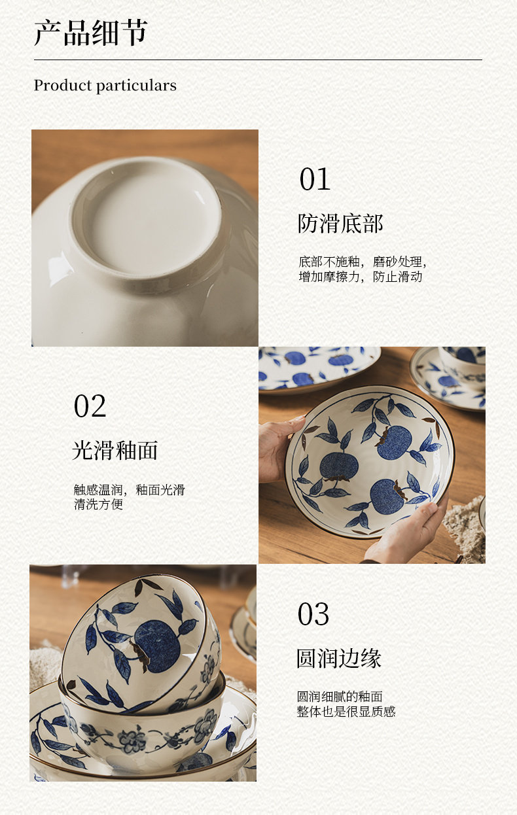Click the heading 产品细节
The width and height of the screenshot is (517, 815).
[x=91, y=33]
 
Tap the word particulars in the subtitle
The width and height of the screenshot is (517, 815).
[x=136, y=86]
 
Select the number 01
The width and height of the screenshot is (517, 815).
[x=315, y=179]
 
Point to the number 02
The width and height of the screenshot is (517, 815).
[x=90, y=406]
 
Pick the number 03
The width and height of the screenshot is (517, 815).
[x=313, y=614]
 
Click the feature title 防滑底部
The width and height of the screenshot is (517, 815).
[x=340, y=224]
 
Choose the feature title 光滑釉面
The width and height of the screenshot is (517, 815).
[x=115, y=451]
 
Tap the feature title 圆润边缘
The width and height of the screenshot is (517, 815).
[x=339, y=658]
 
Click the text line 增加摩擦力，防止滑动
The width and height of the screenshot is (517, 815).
[x=361, y=277]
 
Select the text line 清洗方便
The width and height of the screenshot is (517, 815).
[x=98, y=504]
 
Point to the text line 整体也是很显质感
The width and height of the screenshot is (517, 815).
[x=346, y=711]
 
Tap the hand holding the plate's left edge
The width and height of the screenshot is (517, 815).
[x=279, y=448]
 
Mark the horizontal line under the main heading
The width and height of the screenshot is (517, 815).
[x=258, y=60]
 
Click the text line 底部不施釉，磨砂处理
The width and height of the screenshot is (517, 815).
[x=363, y=262]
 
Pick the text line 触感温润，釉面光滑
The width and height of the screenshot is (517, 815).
[x=130, y=490]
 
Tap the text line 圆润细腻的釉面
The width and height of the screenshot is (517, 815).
[x=340, y=697]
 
